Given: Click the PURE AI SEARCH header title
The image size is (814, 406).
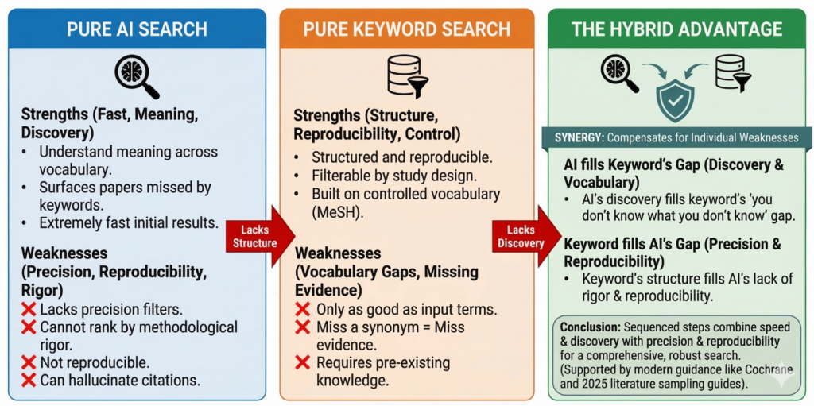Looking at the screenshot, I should click(137, 30).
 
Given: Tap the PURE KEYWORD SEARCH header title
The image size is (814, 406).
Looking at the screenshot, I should click(406, 30).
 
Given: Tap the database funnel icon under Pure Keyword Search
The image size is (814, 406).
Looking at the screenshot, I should click(406, 76).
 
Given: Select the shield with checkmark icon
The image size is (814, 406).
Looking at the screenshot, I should click(675, 99).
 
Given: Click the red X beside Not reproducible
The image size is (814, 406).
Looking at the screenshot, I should click(29, 362).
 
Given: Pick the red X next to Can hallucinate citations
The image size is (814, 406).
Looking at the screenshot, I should click(29, 380).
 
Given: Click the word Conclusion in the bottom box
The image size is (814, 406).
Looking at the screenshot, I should click(591, 327).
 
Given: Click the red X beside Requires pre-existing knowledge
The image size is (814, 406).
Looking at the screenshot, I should click(302, 362).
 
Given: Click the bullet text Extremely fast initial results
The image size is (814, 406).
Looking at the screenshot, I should click(128, 223).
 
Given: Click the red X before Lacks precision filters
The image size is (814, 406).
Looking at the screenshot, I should click(29, 310).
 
